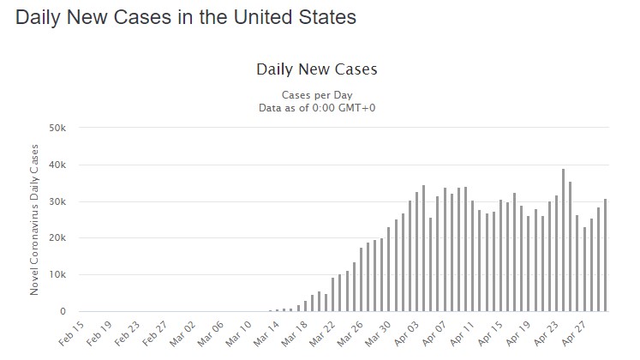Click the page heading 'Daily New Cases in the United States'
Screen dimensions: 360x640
tap(185, 17)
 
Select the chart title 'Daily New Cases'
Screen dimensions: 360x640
tap(316, 69)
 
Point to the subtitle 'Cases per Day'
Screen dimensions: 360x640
tap(317, 94)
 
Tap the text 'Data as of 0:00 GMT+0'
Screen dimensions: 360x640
tap(317, 108)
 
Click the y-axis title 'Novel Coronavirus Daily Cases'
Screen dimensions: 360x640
tap(34, 219)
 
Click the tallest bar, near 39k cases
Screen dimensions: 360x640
tap(563, 240)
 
